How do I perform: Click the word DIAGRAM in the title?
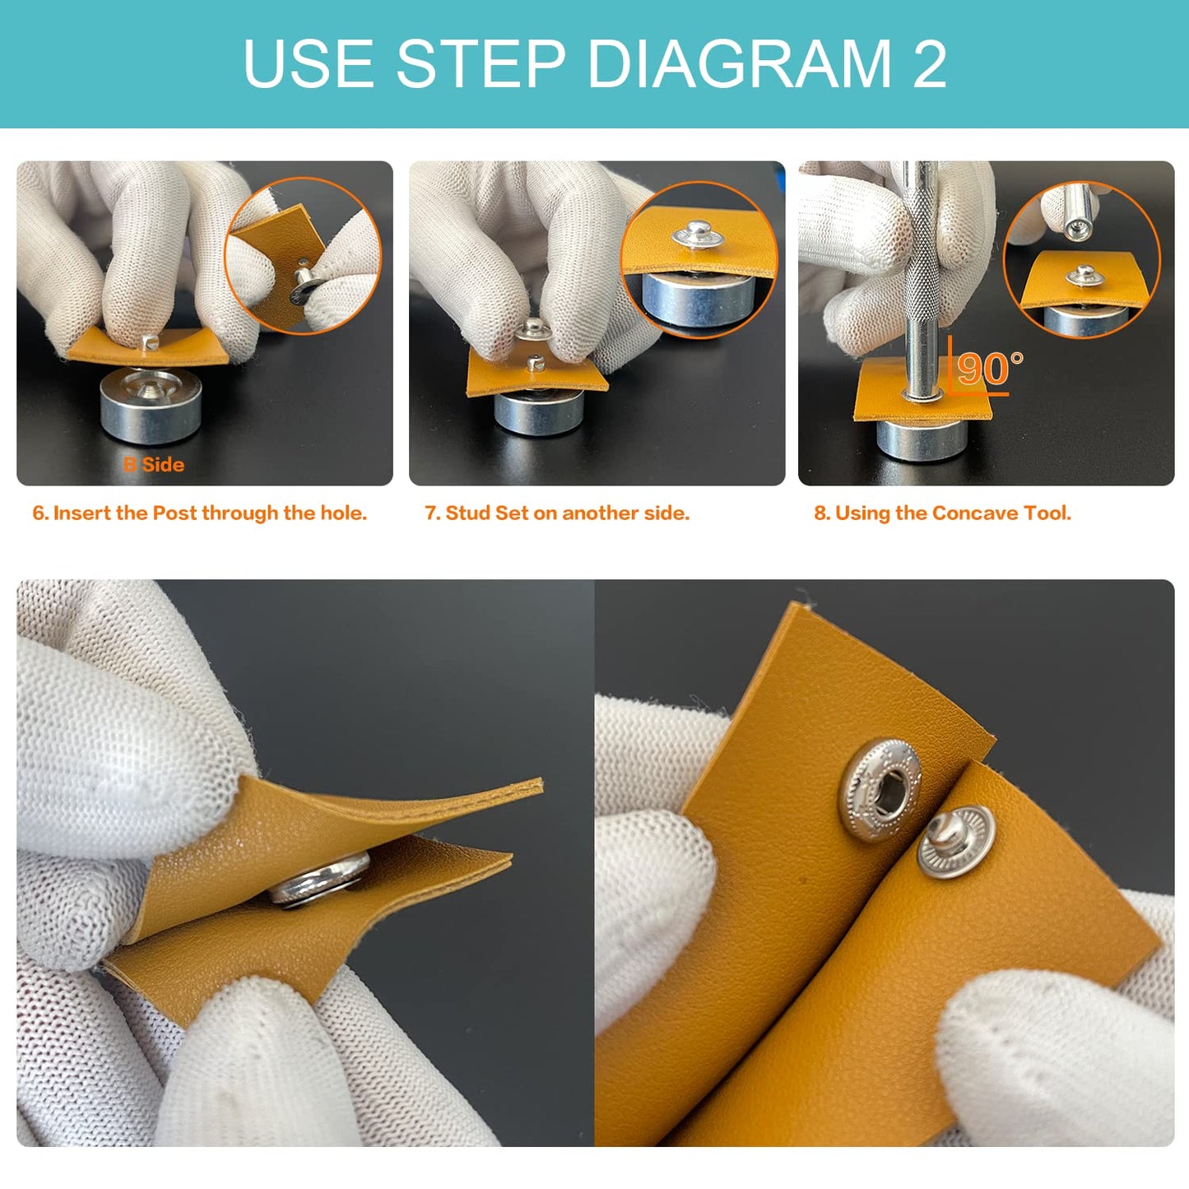click(740, 63)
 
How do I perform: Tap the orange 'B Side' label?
click(154, 465)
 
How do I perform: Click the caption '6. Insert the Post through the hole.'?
click(200, 513)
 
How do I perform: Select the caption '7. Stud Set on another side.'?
click(557, 513)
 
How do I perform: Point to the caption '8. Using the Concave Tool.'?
click(942, 513)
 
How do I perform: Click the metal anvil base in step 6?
click(150, 407)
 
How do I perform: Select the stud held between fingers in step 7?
click(533, 330)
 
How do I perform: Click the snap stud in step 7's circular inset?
click(698, 235)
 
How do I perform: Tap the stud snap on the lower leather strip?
click(956, 840)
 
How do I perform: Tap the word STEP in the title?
click(481, 63)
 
